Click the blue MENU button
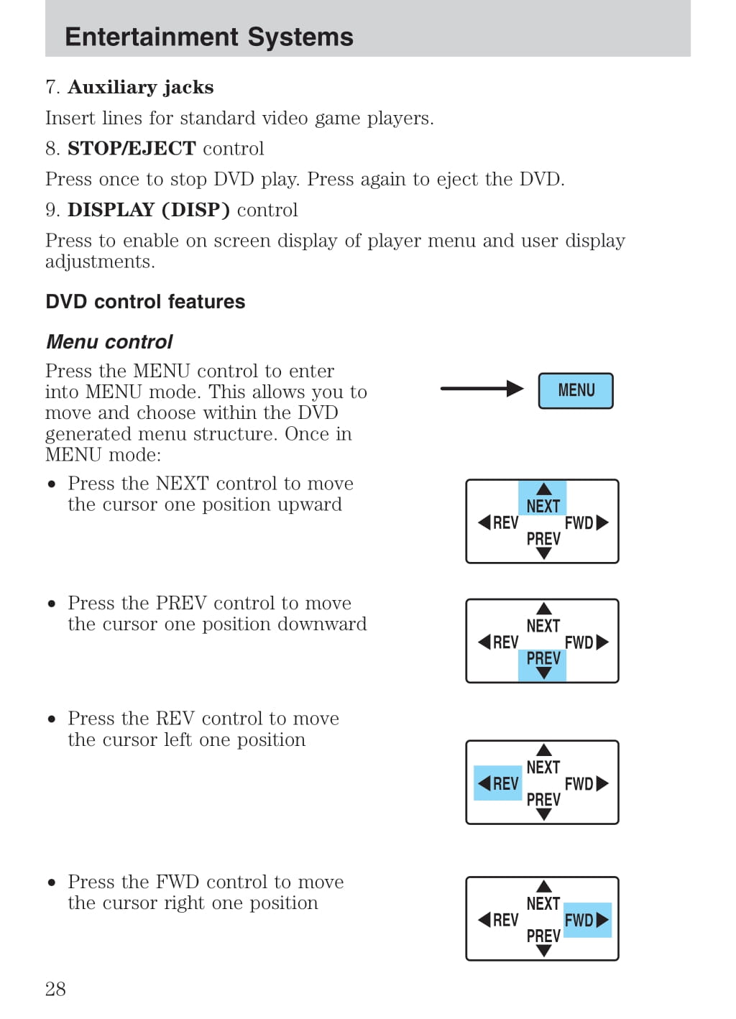(576, 391)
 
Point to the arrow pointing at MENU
(482, 389)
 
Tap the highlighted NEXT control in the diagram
(543, 499)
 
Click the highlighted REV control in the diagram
(498, 783)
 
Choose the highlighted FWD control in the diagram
(586, 920)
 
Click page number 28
(55, 990)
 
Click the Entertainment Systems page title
(209, 37)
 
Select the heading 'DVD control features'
(145, 302)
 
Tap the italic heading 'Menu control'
(109, 342)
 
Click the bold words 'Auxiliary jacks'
(141, 88)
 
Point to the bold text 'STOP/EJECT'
(132, 149)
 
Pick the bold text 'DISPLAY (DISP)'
(149, 210)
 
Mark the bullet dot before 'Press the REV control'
(52, 719)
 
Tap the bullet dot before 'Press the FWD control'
(52, 882)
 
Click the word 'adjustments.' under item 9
(100, 262)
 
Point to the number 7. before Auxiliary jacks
(52, 88)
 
